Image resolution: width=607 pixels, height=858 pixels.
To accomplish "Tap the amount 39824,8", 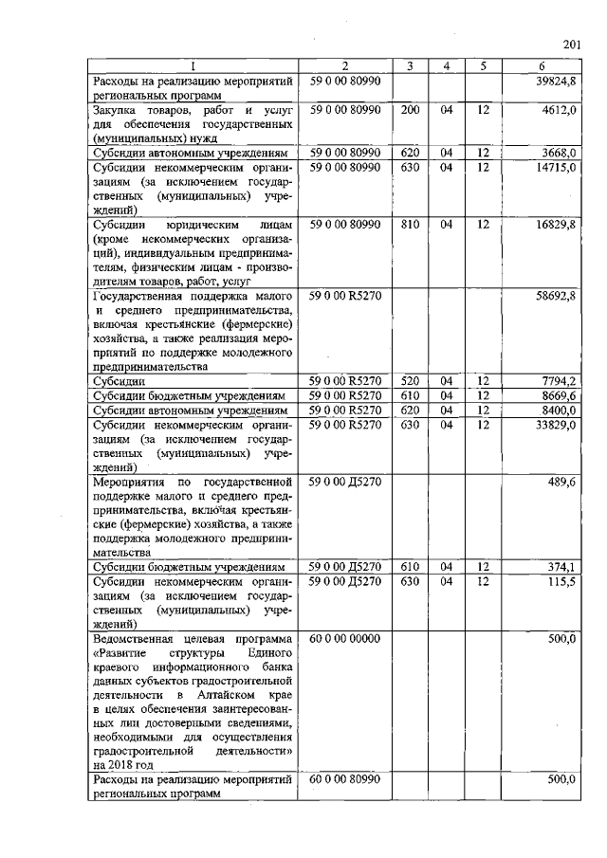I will [x=557, y=82].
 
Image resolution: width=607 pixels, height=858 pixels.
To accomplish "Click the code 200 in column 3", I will [x=410, y=111].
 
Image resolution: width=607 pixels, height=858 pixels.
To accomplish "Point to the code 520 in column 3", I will [x=410, y=380].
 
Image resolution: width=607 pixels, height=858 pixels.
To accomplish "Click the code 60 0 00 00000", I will [x=344, y=640].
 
